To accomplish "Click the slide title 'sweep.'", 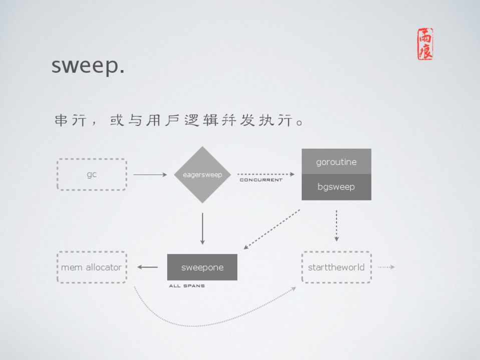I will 88,65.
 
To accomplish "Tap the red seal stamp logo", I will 425,44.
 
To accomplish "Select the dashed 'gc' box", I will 92,174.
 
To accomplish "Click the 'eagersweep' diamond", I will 202,174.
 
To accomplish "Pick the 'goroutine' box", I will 336,161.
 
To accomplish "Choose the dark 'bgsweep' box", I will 336,187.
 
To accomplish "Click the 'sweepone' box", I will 202,267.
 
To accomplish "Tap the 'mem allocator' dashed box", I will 92,267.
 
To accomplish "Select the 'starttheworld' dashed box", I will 336,267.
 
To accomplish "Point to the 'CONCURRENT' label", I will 261,180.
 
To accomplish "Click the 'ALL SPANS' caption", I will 187,286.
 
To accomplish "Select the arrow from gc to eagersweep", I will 150,174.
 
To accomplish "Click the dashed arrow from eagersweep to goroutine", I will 266,174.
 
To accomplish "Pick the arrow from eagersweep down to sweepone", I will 202,228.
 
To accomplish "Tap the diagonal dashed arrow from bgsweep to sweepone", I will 272,229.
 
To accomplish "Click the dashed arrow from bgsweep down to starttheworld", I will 336,225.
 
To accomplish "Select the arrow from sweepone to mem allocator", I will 148,267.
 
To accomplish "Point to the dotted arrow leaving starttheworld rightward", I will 386,267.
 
